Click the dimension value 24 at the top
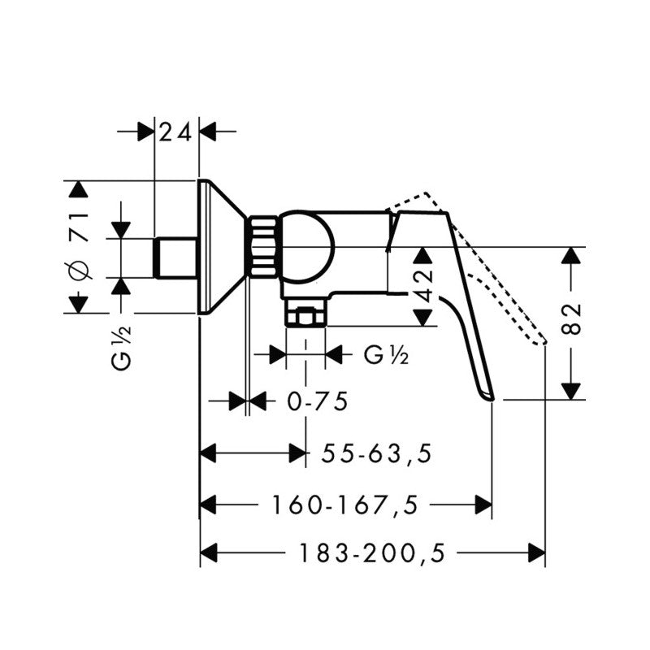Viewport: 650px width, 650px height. pyautogui.click(x=175, y=131)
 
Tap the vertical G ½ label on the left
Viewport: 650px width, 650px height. pyautogui.click(x=122, y=347)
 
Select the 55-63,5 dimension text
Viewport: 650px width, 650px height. pyautogui.click(x=375, y=453)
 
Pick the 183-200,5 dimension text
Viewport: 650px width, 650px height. pyautogui.click(x=373, y=554)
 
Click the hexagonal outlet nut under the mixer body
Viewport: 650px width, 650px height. pyautogui.click(x=305, y=314)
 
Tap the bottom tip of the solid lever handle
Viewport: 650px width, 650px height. pyautogui.click(x=489, y=396)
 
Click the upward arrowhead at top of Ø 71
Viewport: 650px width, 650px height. pyautogui.click(x=78, y=189)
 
